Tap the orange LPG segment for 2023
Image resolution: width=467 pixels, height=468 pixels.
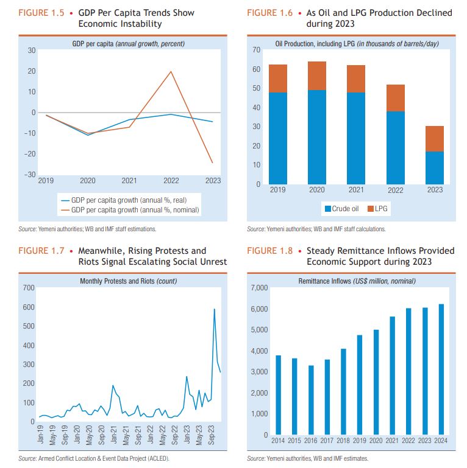435,139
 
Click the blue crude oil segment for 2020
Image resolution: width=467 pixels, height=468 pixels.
316,137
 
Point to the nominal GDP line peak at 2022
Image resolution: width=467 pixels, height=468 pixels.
171,72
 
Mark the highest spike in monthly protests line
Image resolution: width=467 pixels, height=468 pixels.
214,309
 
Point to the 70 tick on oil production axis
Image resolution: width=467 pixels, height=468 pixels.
257,49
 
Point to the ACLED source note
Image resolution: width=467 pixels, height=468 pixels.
94,458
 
